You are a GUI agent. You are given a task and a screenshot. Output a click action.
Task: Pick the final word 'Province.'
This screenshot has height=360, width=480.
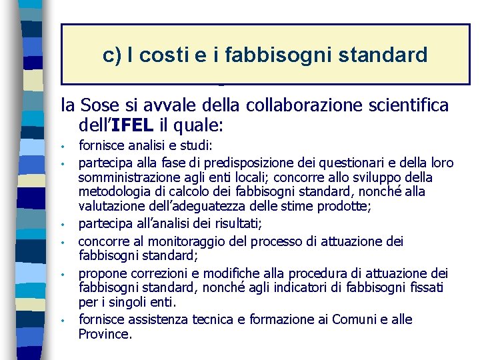click(x=105, y=334)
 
